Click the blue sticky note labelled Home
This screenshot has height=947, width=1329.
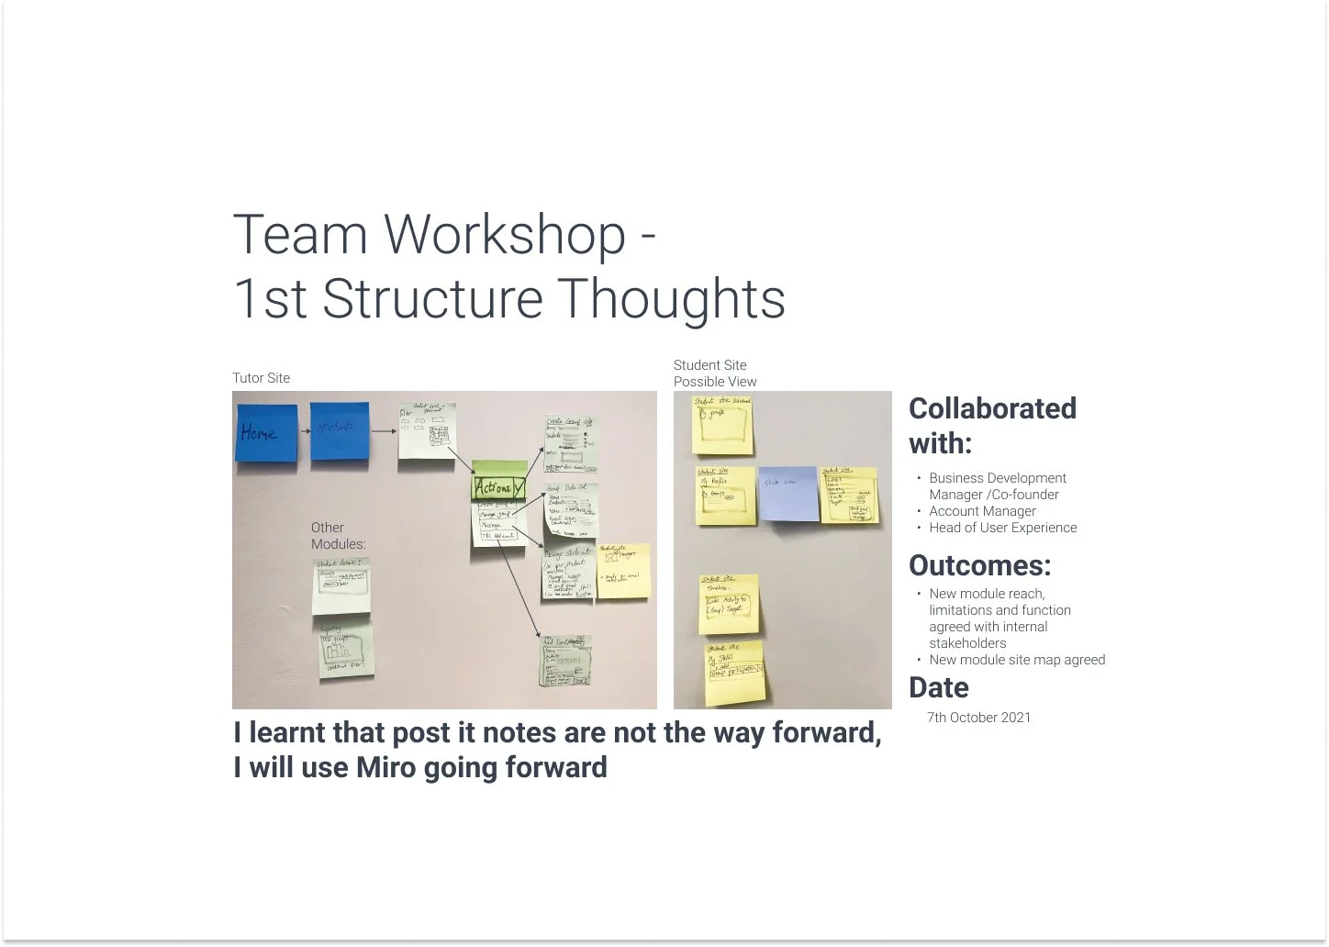(266, 432)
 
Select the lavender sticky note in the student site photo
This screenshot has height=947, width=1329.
(788, 493)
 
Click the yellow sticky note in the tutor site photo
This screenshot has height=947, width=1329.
(623, 571)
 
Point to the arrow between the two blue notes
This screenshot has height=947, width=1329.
(305, 431)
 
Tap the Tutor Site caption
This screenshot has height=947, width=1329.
(261, 378)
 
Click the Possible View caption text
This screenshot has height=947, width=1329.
(715, 382)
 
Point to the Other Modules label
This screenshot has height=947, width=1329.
(337, 536)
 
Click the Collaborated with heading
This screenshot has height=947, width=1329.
(991, 426)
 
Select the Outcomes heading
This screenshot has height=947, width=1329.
(979, 565)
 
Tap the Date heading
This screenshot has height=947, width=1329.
(938, 688)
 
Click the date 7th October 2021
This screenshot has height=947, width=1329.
(978, 718)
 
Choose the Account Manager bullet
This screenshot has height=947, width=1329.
(982, 511)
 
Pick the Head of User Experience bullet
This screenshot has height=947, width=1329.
(1002, 528)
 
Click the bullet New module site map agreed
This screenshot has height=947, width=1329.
(1016, 660)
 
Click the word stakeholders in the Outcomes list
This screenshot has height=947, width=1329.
(967, 643)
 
